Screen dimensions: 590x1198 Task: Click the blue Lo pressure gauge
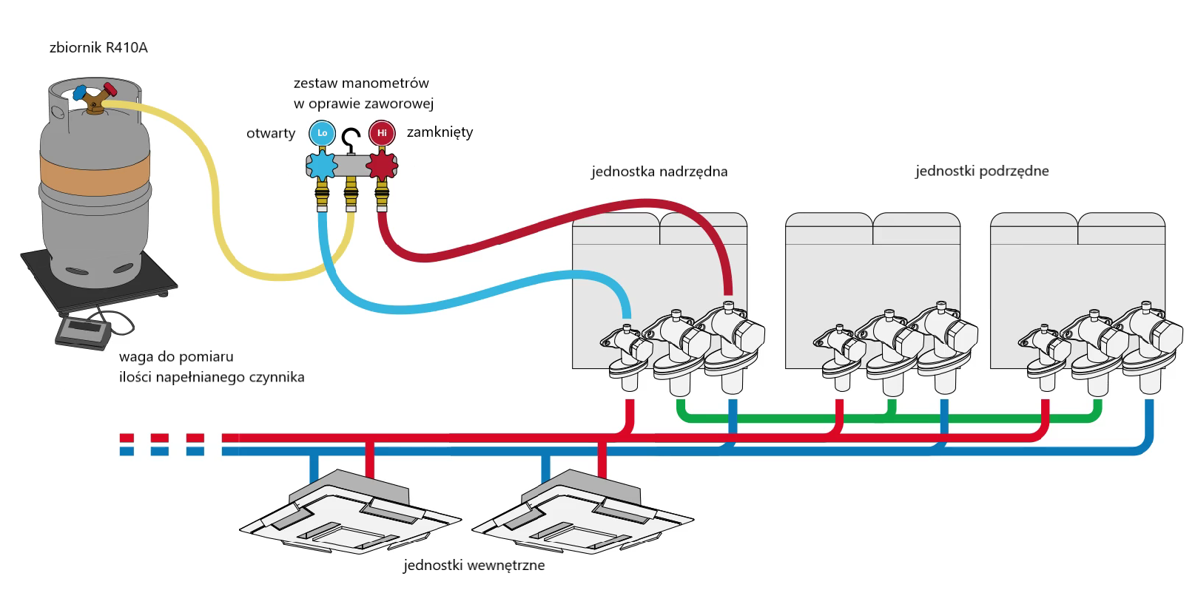coord(322,133)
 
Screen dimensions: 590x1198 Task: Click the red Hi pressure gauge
coord(382,133)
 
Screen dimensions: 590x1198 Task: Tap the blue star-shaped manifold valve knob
coord(322,166)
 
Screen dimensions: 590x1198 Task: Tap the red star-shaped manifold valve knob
coord(382,166)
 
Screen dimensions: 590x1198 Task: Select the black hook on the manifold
coord(351,138)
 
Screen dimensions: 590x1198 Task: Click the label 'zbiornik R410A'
coord(98,48)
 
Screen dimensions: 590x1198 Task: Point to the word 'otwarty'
coord(271,134)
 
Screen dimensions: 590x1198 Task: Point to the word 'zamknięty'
coord(440,133)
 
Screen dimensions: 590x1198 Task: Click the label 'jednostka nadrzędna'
coord(659,172)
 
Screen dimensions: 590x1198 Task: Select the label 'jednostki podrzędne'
coord(982,172)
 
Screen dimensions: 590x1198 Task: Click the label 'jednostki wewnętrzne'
coord(474,566)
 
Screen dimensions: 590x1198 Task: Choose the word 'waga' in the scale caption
coord(135,357)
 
